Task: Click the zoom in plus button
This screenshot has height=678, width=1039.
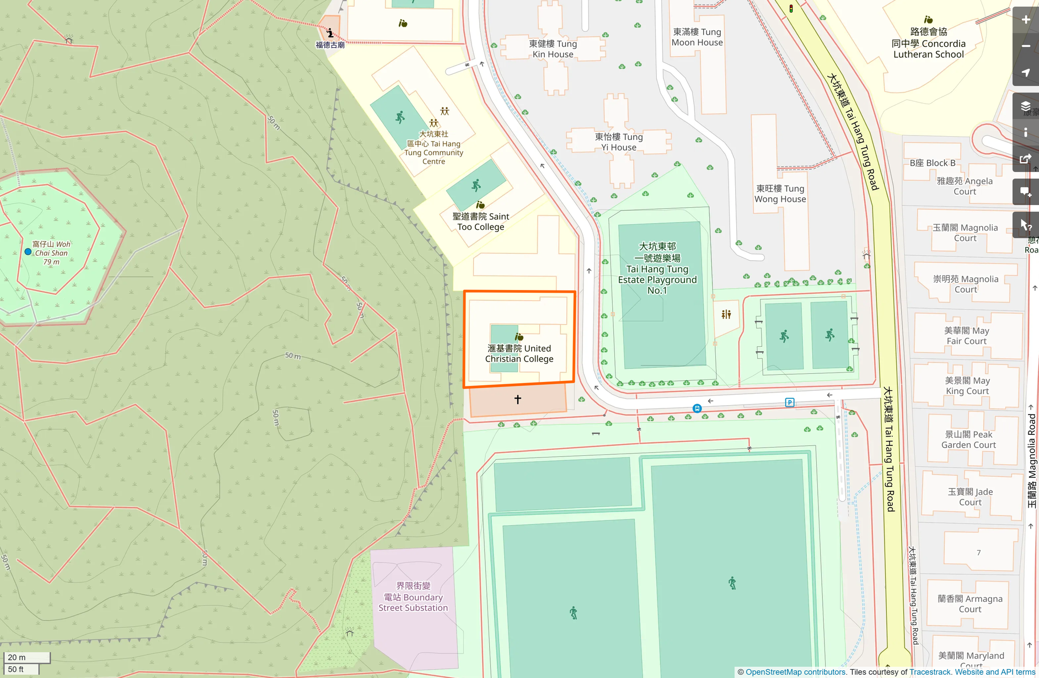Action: [x=1025, y=20]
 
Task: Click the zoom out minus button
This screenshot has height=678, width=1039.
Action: [x=1025, y=46]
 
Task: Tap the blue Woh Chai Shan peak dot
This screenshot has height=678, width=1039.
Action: [x=28, y=251]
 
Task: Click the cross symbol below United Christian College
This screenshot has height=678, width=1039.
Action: [x=517, y=399]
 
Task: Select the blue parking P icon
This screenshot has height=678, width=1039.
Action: [x=790, y=402]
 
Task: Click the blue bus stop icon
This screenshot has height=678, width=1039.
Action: [x=697, y=408]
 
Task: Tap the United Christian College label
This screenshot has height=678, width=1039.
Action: [x=519, y=353]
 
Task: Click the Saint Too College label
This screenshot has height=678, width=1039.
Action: [x=480, y=222]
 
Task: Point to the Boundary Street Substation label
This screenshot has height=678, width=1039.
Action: [x=413, y=597]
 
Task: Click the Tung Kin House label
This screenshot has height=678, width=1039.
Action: [x=553, y=49]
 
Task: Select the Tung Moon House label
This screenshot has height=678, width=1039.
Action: [x=697, y=37]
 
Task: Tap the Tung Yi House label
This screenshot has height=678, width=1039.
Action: [x=619, y=142]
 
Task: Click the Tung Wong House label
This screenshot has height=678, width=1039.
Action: [x=780, y=193]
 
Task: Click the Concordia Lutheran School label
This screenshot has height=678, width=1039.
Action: [x=928, y=43]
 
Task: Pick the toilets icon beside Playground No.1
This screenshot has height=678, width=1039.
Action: [x=726, y=314]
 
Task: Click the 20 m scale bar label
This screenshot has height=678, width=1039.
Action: [x=17, y=657]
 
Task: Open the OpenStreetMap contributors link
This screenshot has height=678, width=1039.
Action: [x=795, y=672]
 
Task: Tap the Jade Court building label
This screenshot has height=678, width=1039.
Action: [x=970, y=497]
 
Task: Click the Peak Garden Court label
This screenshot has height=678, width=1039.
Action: [x=968, y=439]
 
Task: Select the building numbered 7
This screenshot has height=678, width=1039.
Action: [x=979, y=552]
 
